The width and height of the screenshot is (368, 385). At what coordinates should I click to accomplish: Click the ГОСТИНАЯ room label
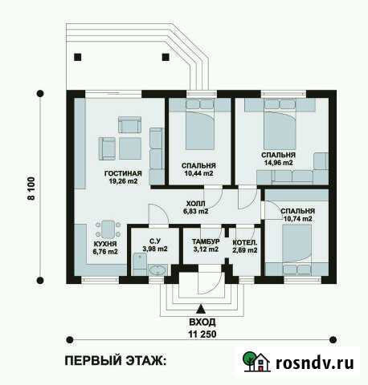(123, 173)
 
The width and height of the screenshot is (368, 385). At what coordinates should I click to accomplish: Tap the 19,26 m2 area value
(124, 182)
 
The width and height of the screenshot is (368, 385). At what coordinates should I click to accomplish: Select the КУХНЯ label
(104, 243)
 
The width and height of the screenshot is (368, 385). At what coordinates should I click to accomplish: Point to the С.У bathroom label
(155, 241)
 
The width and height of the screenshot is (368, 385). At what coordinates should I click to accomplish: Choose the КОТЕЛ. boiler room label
(244, 241)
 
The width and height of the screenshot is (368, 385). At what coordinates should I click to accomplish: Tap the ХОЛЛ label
(195, 204)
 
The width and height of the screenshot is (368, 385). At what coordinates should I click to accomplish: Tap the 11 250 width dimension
(202, 333)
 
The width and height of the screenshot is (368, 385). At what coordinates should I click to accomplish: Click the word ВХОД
(201, 321)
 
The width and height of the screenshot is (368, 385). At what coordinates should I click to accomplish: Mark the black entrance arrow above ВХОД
(201, 308)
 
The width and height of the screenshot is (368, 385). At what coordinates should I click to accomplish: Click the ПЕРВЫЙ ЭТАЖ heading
(116, 362)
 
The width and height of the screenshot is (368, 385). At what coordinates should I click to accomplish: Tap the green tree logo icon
(251, 361)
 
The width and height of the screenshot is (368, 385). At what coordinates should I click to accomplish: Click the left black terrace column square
(78, 56)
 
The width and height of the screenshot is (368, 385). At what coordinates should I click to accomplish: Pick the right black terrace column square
(166, 56)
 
